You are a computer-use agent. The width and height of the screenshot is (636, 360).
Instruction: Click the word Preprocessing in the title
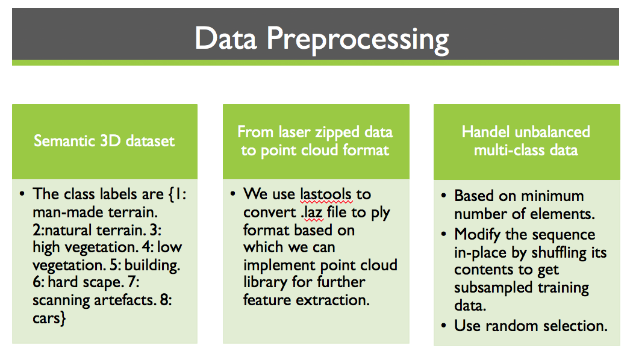[358, 39]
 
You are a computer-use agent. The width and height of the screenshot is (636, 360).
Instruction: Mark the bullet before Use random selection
[443, 326]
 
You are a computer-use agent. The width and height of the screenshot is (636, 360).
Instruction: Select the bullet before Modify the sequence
[443, 235]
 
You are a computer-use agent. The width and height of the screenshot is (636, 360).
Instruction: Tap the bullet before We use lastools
[232, 194]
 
